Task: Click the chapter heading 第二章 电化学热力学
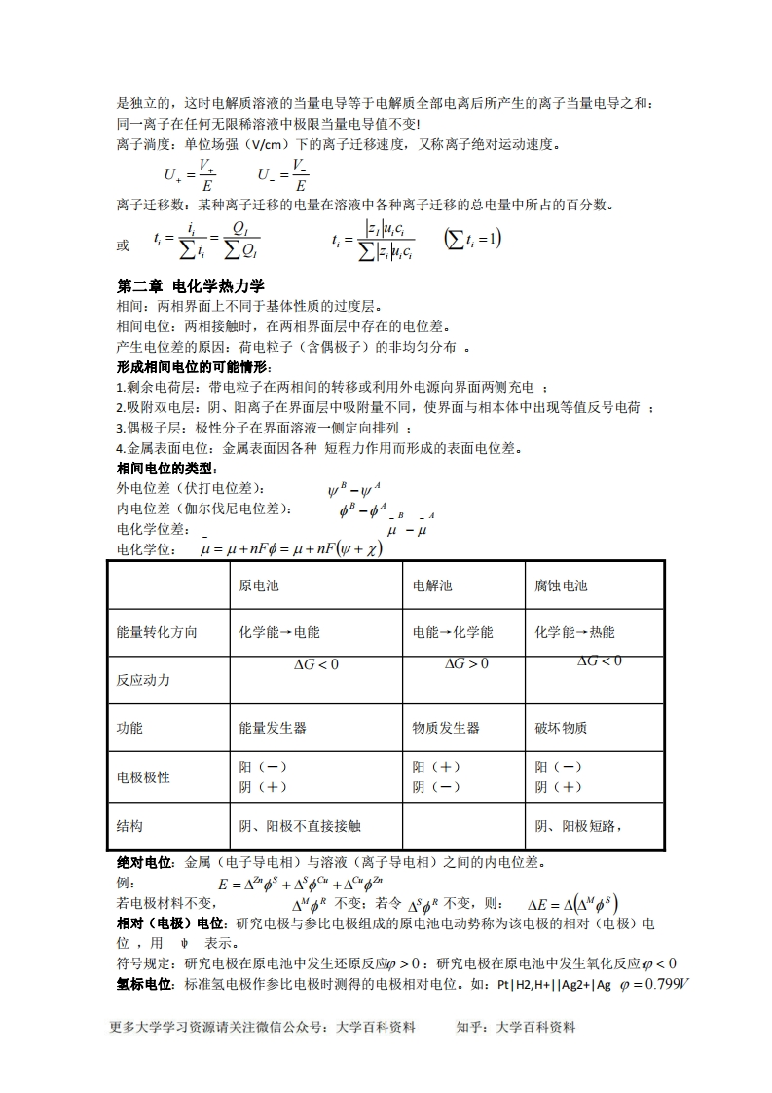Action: (x=190, y=286)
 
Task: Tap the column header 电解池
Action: (x=432, y=585)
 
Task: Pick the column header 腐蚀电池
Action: (x=561, y=585)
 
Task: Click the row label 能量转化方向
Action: (x=157, y=632)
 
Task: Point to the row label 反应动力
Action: (x=143, y=680)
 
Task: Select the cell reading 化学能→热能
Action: (x=574, y=632)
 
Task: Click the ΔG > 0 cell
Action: (x=466, y=664)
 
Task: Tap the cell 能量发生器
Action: (x=273, y=728)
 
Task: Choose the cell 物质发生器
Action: (x=446, y=728)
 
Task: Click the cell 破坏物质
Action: (x=561, y=728)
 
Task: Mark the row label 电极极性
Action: (x=143, y=777)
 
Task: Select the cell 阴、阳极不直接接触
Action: (x=300, y=826)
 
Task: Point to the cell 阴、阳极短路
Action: (x=578, y=826)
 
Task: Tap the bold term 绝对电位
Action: (x=144, y=862)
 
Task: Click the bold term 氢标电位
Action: (x=144, y=984)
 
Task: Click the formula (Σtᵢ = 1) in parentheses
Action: (x=472, y=239)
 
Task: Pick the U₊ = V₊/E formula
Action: (x=190, y=174)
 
